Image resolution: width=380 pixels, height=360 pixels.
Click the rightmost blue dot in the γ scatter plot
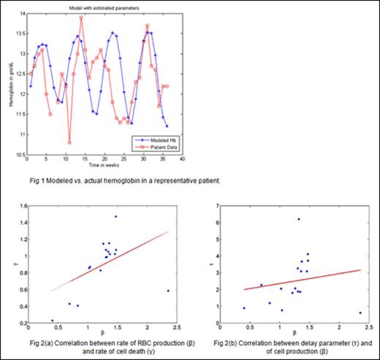click(168, 291)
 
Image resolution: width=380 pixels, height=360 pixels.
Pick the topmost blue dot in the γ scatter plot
click(115, 216)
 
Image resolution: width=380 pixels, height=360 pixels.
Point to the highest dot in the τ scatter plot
click(298, 219)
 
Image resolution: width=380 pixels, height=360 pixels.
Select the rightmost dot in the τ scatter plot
click(360, 313)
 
